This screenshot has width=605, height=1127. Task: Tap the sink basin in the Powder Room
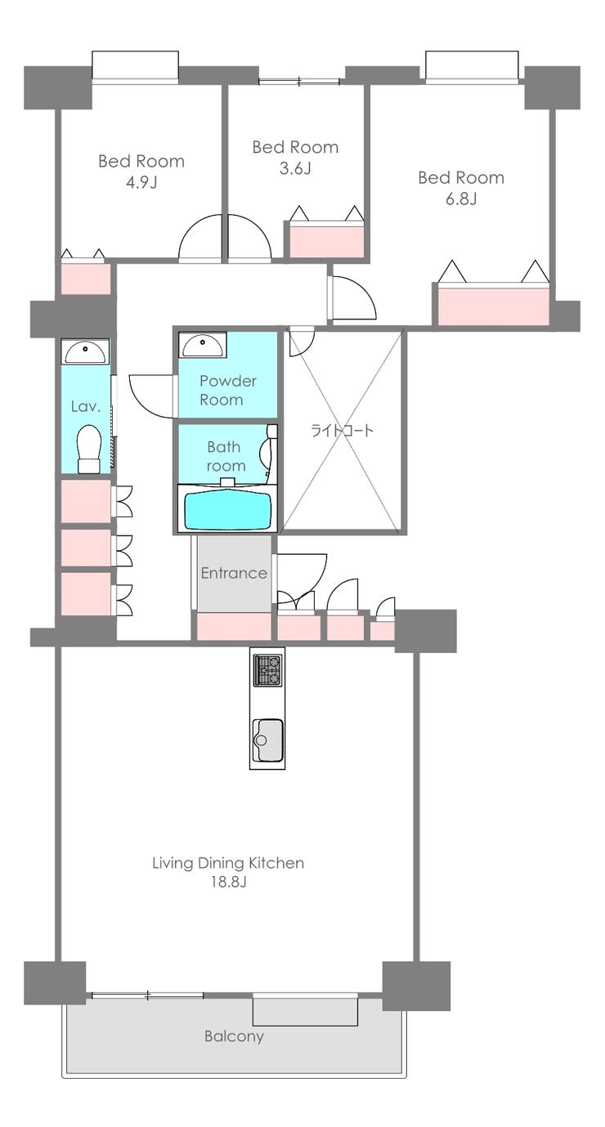pos(202,345)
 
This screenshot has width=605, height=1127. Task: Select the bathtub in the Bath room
pos(228,510)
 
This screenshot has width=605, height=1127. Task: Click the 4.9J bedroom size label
pos(141,182)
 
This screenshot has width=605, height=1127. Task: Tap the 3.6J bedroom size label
pos(295,168)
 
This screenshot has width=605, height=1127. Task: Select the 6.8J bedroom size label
pos(461,199)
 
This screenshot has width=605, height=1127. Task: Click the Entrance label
pos(234,573)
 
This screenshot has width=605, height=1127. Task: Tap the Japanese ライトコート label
pos(343,431)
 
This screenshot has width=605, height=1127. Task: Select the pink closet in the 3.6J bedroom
pos(326,241)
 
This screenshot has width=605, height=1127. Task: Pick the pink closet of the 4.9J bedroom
pos(86,278)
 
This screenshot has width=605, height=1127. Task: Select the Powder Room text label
pos(228,391)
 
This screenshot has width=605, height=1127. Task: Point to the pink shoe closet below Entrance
pos(234,626)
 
